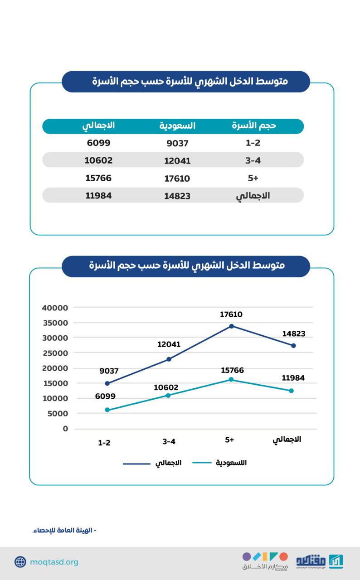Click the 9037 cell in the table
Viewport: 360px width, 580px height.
[x=177, y=144]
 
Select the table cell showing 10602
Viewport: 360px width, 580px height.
[x=98, y=160]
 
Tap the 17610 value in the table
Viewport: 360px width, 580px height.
[x=177, y=179]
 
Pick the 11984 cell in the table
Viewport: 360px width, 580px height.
[x=98, y=196]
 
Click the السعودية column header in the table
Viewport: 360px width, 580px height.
[x=177, y=126]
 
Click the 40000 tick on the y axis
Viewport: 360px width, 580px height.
[x=55, y=308]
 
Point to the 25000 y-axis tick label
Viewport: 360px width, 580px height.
[x=55, y=353]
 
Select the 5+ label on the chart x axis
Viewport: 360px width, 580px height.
[x=229, y=440]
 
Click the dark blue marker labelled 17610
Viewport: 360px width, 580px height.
[x=231, y=326]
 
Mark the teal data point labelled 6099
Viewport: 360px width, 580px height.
[x=107, y=410]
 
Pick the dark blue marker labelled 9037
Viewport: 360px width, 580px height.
[x=107, y=383]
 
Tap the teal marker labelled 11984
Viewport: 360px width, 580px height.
[x=292, y=391]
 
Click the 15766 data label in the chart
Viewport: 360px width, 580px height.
[x=233, y=370]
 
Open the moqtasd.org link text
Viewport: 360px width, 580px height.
[x=54, y=562]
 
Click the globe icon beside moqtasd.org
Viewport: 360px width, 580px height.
[x=20, y=562]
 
